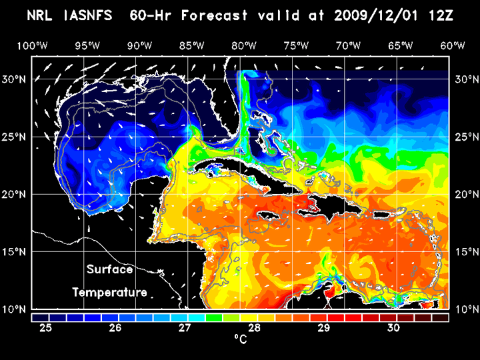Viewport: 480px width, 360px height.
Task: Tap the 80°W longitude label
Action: click(x=245, y=46)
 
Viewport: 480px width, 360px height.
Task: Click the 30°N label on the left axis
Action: click(x=17, y=79)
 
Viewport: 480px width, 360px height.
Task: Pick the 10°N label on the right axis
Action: click(x=464, y=309)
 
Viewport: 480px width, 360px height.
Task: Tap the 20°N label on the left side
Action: click(x=17, y=194)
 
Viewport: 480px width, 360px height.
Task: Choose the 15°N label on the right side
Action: click(x=464, y=252)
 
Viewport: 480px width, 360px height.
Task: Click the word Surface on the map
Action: click(x=109, y=270)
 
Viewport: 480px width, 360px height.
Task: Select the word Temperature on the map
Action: click(x=109, y=293)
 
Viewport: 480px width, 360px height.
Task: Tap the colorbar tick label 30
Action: click(x=393, y=328)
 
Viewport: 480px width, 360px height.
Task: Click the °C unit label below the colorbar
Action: click(x=240, y=340)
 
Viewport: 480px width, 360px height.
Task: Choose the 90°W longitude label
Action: click(x=139, y=46)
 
